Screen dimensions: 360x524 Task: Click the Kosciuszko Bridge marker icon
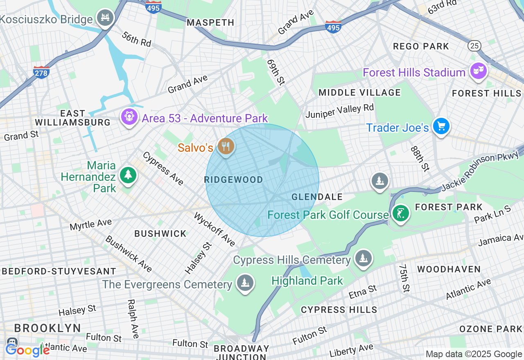106,18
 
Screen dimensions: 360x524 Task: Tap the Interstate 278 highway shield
41,72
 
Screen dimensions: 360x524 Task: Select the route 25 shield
475,45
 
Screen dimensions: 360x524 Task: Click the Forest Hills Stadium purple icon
478,71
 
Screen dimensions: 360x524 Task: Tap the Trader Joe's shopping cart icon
441,126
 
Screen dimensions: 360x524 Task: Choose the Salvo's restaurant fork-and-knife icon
225,146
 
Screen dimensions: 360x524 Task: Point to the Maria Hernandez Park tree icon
128,175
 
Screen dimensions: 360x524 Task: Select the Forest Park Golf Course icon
400,213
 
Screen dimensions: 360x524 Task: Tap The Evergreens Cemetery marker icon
245,283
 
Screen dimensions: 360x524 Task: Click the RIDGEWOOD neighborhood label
233,180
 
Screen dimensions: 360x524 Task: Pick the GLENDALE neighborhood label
317,197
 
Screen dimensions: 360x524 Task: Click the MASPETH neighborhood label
210,22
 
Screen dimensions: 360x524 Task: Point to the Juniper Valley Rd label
340,110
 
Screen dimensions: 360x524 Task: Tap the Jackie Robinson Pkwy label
480,172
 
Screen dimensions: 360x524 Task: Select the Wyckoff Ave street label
215,229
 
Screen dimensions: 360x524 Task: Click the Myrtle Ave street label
90,224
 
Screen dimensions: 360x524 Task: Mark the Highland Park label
307,281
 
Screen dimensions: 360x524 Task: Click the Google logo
28,350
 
